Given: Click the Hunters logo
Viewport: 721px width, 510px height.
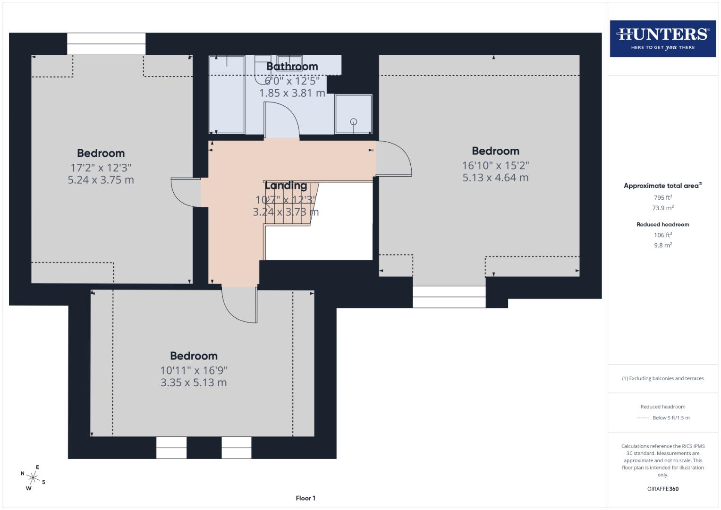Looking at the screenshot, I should pyautogui.click(x=662, y=39).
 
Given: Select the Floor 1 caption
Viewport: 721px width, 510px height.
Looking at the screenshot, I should pyautogui.click(x=305, y=498).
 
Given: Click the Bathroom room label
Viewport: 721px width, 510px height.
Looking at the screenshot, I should pyautogui.click(x=292, y=67).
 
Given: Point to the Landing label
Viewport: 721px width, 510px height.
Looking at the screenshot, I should pyautogui.click(x=286, y=186).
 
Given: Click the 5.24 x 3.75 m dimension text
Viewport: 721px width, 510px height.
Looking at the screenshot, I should pyautogui.click(x=101, y=180).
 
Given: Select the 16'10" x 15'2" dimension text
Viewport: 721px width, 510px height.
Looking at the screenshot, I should pyautogui.click(x=495, y=165).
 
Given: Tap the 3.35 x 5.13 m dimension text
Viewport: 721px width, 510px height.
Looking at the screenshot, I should pyautogui.click(x=194, y=382).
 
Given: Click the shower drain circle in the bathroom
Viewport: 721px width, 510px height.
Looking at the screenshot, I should pyautogui.click(x=354, y=122).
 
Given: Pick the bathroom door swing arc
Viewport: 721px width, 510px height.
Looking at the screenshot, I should pyautogui.click(x=281, y=119).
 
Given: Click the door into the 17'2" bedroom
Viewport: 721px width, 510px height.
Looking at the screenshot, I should pyautogui.click(x=186, y=193).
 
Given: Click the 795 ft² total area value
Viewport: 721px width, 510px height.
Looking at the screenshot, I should pyautogui.click(x=662, y=198).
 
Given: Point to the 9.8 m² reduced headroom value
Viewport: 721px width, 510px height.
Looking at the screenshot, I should pyautogui.click(x=662, y=246).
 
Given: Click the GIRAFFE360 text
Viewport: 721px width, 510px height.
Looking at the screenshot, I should pyautogui.click(x=662, y=489).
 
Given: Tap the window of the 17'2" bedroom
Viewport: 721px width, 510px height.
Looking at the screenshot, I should pyautogui.click(x=106, y=44).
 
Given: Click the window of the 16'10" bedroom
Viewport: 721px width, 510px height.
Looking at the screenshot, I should pyautogui.click(x=449, y=297).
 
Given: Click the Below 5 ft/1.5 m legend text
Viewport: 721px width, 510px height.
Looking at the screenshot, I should pyautogui.click(x=670, y=418).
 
